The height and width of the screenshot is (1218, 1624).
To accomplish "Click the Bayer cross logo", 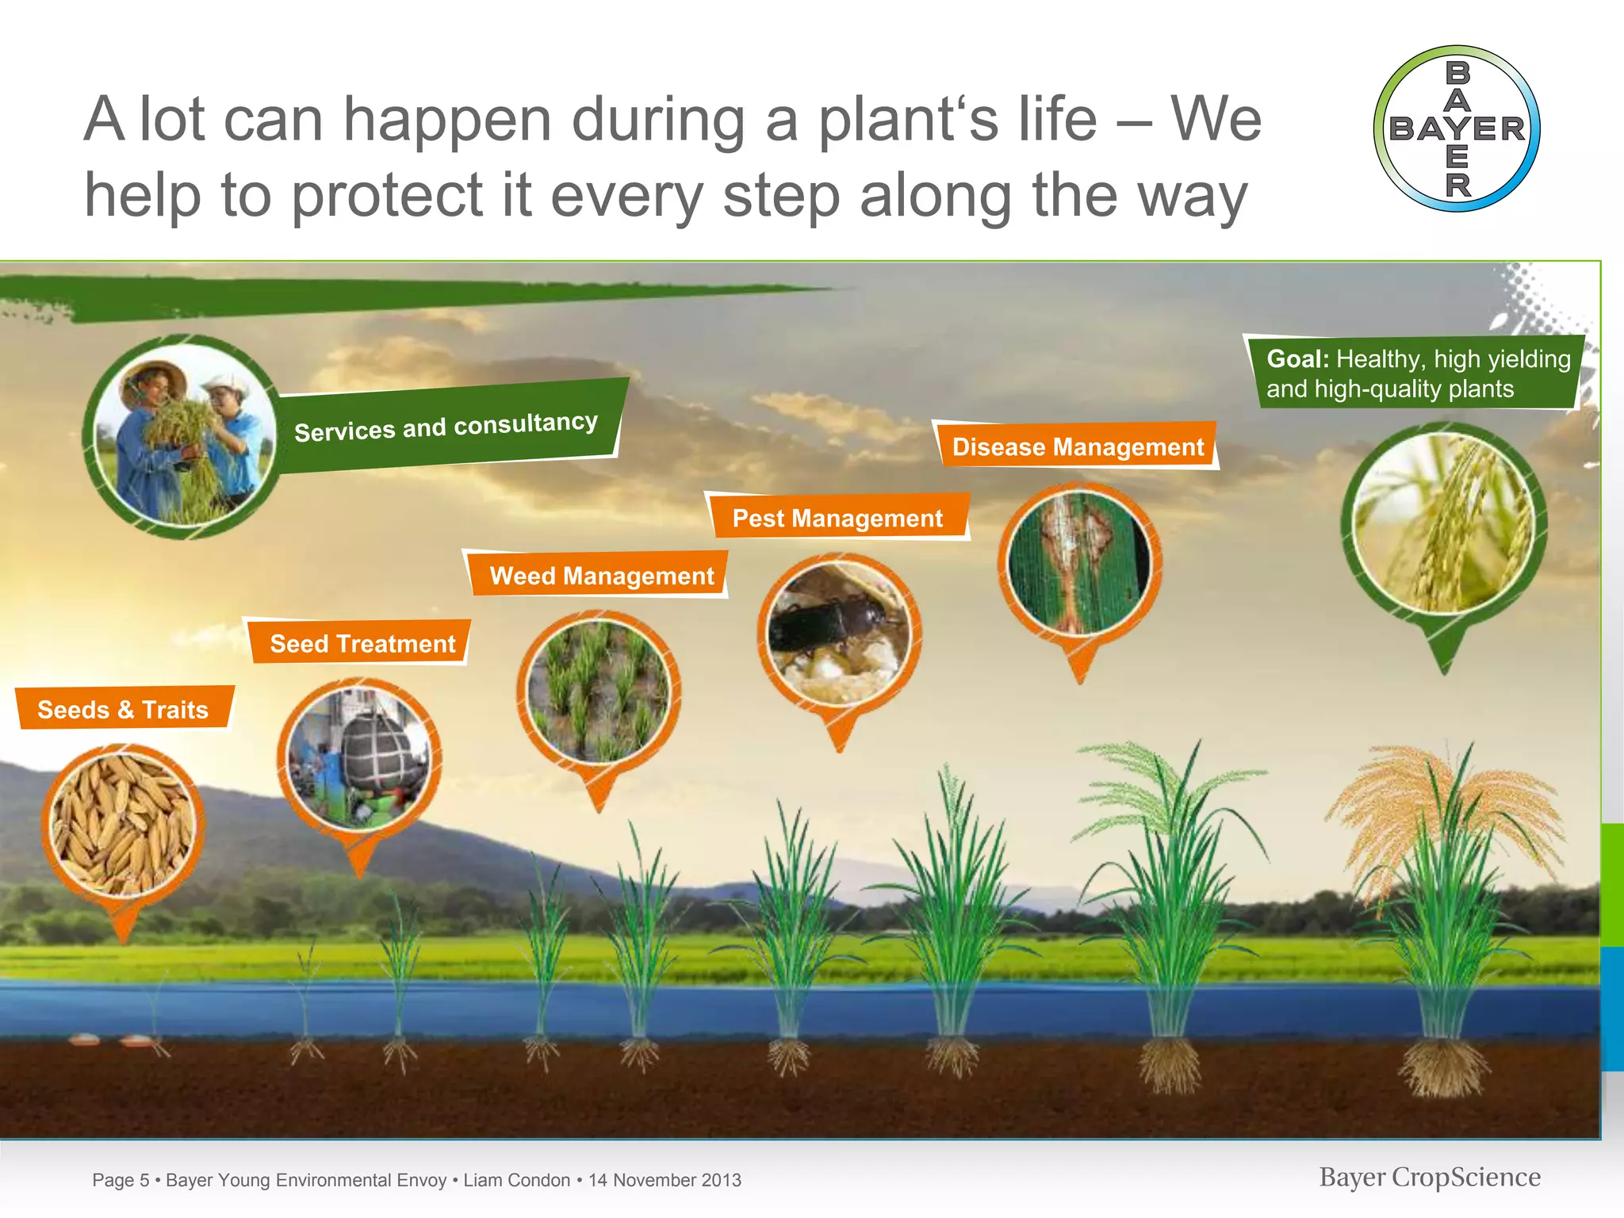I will [1457, 128].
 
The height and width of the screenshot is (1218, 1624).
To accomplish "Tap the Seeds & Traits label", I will [123, 709].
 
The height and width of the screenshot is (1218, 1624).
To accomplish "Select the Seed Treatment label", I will [362, 643].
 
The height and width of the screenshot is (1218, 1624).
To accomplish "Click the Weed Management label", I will [601, 575].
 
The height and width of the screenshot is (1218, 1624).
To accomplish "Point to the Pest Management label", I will [837, 518].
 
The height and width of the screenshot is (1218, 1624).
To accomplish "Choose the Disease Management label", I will [1078, 446].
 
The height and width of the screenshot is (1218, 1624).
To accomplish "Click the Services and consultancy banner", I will [446, 427].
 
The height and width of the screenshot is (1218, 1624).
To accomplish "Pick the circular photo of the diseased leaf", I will [1079, 564].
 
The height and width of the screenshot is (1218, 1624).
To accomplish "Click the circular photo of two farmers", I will [184, 436].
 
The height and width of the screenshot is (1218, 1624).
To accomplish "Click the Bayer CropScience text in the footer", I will [1430, 1178].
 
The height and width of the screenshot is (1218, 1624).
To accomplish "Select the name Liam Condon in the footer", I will [516, 1180].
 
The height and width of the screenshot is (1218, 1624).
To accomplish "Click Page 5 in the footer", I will [121, 1180].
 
